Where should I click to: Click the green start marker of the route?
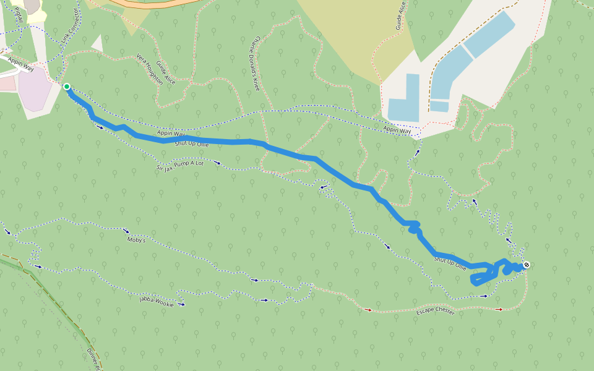[x=66, y=87]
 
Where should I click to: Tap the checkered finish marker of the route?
[x=527, y=265]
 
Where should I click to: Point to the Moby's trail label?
[x=136, y=239]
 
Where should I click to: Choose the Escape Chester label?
[x=435, y=312]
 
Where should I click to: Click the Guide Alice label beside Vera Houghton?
[x=166, y=73]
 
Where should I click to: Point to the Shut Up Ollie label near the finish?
[x=450, y=263]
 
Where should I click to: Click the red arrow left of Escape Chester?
[x=369, y=309]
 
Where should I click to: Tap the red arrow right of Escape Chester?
[x=500, y=309]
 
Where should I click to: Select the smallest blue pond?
[x=439, y=106]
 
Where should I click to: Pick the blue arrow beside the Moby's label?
[x=126, y=231]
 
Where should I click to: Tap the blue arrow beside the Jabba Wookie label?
[x=181, y=304]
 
